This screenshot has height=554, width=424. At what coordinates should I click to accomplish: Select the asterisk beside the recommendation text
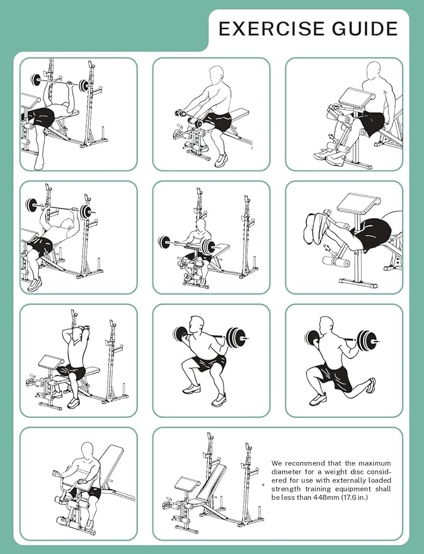(263, 485)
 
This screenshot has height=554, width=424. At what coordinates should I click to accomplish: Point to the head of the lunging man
(326, 325)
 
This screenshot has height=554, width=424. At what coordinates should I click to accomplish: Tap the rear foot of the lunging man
(371, 385)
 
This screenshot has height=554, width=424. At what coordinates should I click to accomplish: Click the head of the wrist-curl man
(216, 75)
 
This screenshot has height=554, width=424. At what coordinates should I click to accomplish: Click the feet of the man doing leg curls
(315, 226)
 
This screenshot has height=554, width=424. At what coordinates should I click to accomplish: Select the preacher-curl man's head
(200, 226)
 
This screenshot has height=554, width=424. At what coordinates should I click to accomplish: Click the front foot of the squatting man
(219, 400)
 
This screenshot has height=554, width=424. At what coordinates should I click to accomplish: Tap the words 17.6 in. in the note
(355, 497)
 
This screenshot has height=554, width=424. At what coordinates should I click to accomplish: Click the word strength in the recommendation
(286, 489)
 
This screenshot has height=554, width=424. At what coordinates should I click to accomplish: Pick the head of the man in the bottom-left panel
(88, 451)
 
